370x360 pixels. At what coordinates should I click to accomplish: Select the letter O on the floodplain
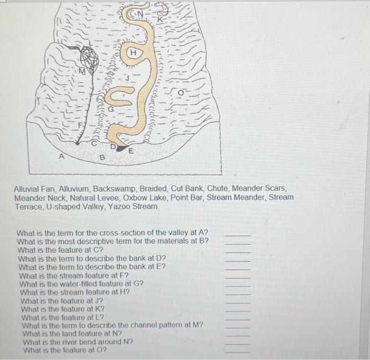[x=180, y=94]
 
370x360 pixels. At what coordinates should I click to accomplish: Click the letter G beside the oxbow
[x=110, y=109]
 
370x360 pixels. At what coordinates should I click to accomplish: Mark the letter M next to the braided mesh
[x=82, y=71]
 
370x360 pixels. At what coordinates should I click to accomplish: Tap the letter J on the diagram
[x=127, y=78]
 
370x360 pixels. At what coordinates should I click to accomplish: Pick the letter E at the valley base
[x=131, y=150]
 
